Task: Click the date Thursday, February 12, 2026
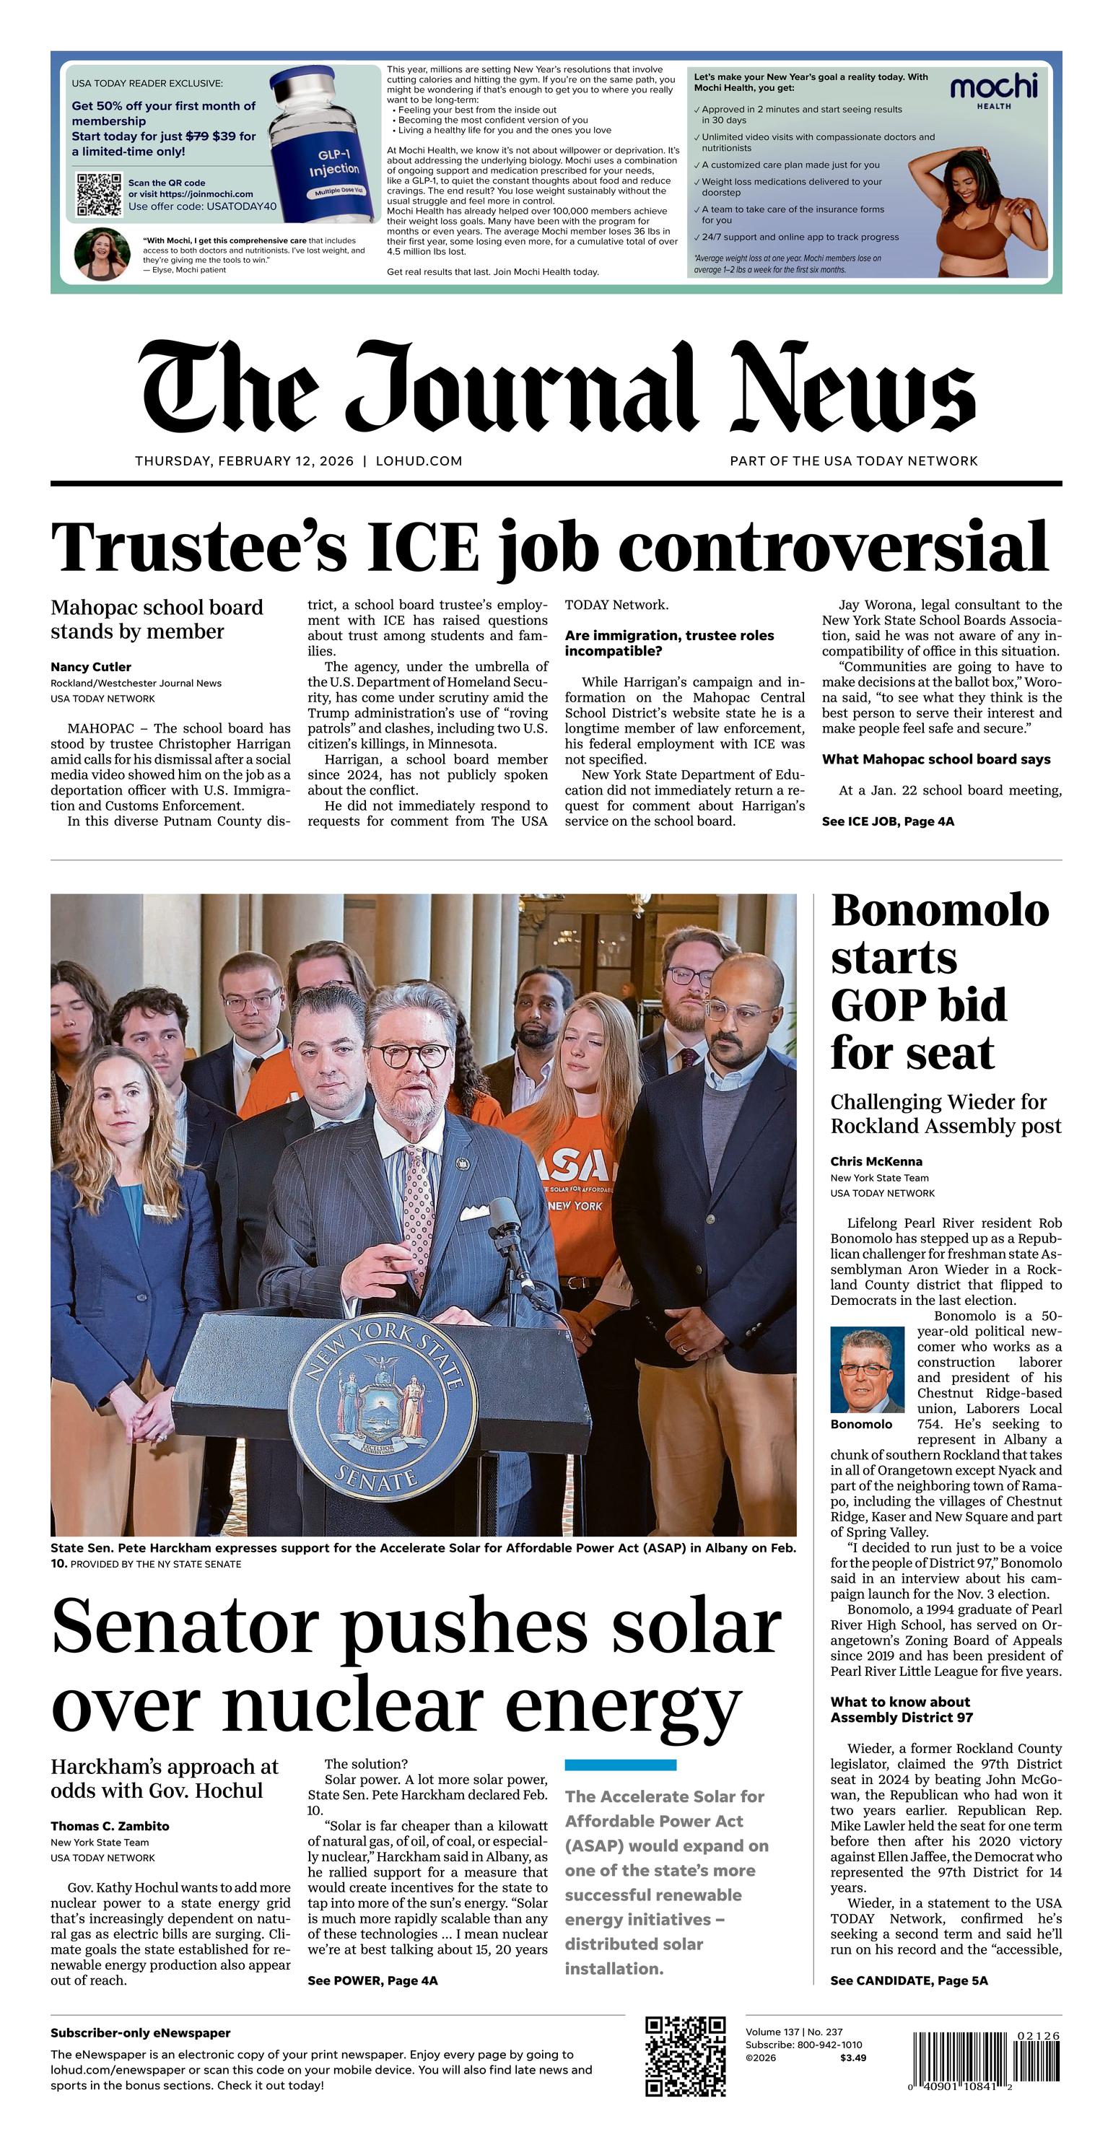click(x=244, y=460)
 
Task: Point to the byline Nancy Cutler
click(x=90, y=667)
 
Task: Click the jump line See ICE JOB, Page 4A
click(x=888, y=821)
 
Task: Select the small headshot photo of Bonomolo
click(x=867, y=1370)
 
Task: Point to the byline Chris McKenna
click(x=876, y=1161)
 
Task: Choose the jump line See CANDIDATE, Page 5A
click(x=909, y=1980)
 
